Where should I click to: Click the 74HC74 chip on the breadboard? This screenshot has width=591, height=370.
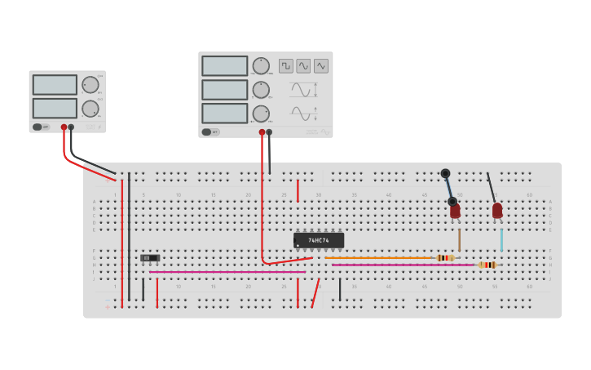pos(319,240)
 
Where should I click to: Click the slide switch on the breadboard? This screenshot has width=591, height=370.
pos(150,258)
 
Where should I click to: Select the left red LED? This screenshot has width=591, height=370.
pos(455,211)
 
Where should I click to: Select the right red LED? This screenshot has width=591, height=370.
pos(497,211)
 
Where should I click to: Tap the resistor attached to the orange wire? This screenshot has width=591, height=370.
pos(445,258)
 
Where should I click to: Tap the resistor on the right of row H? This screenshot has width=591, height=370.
pos(487,265)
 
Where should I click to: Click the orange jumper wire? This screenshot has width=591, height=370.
pos(379,258)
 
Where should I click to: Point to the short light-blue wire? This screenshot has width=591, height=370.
pos(501,239)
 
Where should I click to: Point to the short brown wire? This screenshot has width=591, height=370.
pos(459,239)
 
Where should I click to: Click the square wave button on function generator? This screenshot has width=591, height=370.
pos(286,66)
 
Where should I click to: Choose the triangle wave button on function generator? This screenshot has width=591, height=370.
pos(321,66)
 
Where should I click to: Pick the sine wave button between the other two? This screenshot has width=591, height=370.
pos(303,66)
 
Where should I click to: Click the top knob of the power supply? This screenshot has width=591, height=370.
pos(90,85)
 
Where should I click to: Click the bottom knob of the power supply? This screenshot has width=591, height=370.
pos(90,109)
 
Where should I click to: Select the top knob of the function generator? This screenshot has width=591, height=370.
pos(261,66)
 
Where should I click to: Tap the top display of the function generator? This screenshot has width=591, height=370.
pos(225,66)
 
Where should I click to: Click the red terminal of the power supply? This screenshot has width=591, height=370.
pos(64,127)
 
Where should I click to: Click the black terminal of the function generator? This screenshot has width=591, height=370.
pos(269,132)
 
